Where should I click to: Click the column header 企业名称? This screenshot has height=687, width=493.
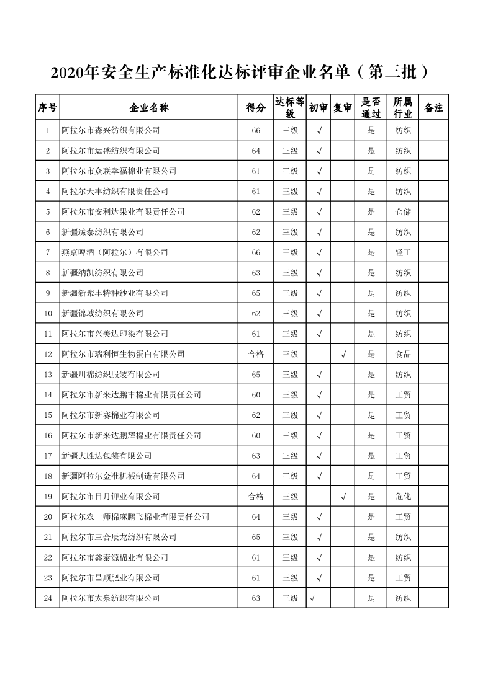(x=149, y=108)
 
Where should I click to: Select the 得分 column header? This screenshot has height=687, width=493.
(x=256, y=108)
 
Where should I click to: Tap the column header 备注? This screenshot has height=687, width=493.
(x=433, y=108)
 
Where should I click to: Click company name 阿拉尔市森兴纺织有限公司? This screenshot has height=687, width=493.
(x=111, y=130)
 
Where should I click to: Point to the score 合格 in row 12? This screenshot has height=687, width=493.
(x=256, y=354)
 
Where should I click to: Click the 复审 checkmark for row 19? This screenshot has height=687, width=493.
(x=343, y=497)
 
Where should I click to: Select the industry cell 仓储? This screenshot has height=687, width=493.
(x=403, y=211)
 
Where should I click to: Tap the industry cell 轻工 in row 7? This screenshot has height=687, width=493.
(x=403, y=252)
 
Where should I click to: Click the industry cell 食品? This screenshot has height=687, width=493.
(x=403, y=354)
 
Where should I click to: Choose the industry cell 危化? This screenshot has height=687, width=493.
(x=403, y=497)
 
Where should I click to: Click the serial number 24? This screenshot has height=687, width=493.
(x=48, y=598)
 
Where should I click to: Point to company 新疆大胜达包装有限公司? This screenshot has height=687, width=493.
(x=107, y=456)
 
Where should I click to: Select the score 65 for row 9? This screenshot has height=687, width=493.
(x=256, y=293)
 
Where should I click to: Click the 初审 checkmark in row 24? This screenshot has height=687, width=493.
(x=312, y=598)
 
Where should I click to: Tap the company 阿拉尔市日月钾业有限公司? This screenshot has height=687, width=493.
(x=111, y=497)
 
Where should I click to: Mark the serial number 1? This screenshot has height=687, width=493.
(x=48, y=130)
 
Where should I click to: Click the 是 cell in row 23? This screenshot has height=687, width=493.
(x=371, y=578)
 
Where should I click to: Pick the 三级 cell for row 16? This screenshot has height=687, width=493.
(x=290, y=435)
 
